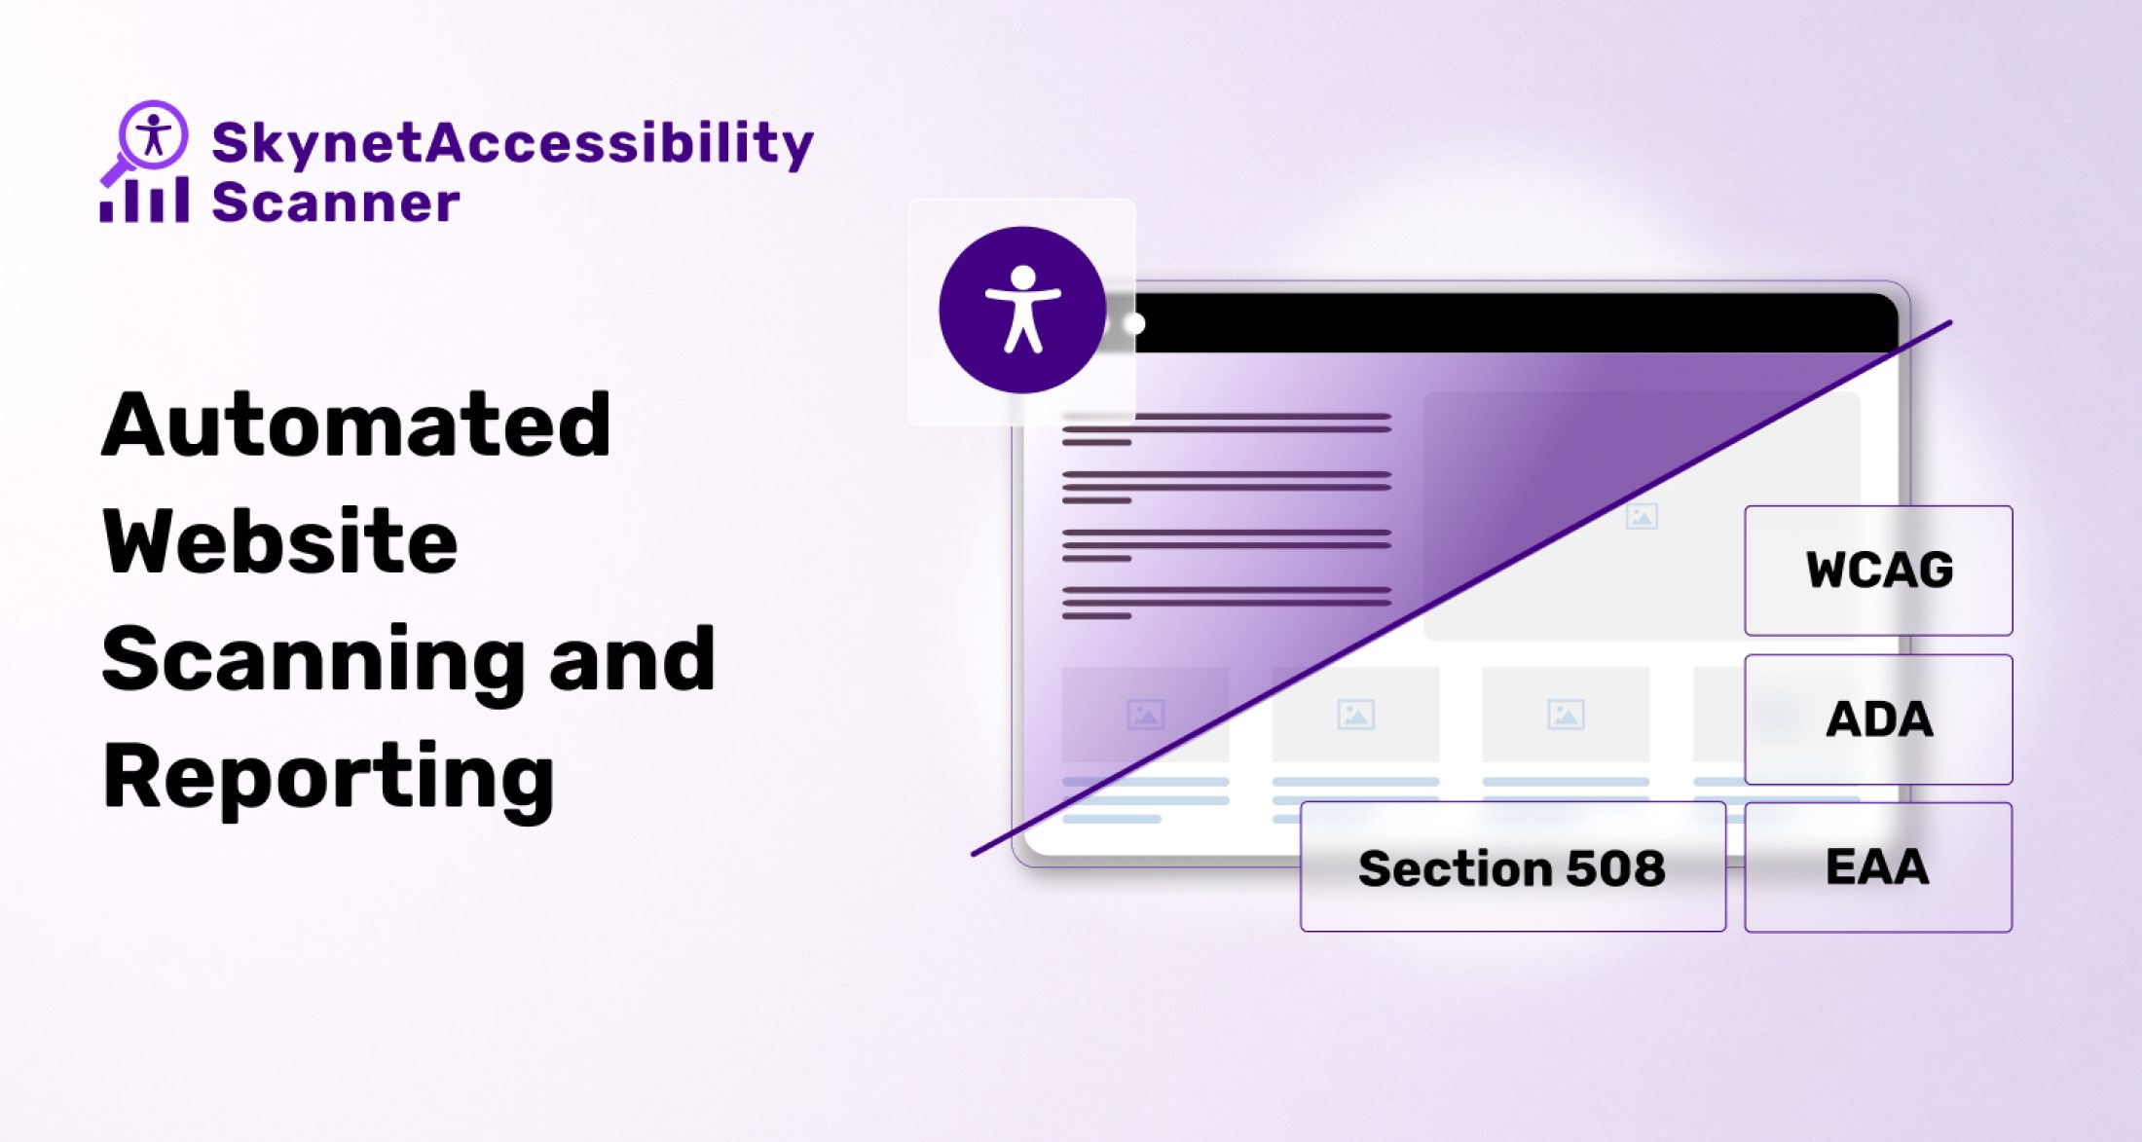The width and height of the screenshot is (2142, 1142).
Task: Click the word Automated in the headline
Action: [x=356, y=425]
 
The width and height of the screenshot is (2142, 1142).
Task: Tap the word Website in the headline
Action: [x=280, y=542]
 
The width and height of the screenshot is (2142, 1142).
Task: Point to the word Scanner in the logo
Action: [x=335, y=203]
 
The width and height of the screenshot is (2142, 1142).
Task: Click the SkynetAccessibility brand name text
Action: [x=512, y=142]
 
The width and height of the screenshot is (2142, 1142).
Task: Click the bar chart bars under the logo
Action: [x=144, y=201]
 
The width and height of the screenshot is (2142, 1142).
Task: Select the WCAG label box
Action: [x=1878, y=571]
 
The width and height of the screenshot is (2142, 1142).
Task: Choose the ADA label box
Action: [x=1878, y=719]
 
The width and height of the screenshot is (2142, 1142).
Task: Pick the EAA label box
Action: [x=1877, y=867]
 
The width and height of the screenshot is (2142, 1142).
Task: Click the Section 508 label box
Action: [x=1512, y=867]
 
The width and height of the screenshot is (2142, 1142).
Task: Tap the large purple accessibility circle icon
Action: [x=1022, y=311]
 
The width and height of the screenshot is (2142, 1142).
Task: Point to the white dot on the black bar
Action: [x=1135, y=323]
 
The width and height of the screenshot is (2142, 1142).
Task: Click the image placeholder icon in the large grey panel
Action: [x=1642, y=516]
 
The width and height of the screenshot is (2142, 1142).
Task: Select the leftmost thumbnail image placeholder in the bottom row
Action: [x=1145, y=715]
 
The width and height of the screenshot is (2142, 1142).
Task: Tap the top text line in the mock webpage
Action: [x=1227, y=418]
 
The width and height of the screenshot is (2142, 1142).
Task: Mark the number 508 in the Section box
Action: [x=1615, y=867]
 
